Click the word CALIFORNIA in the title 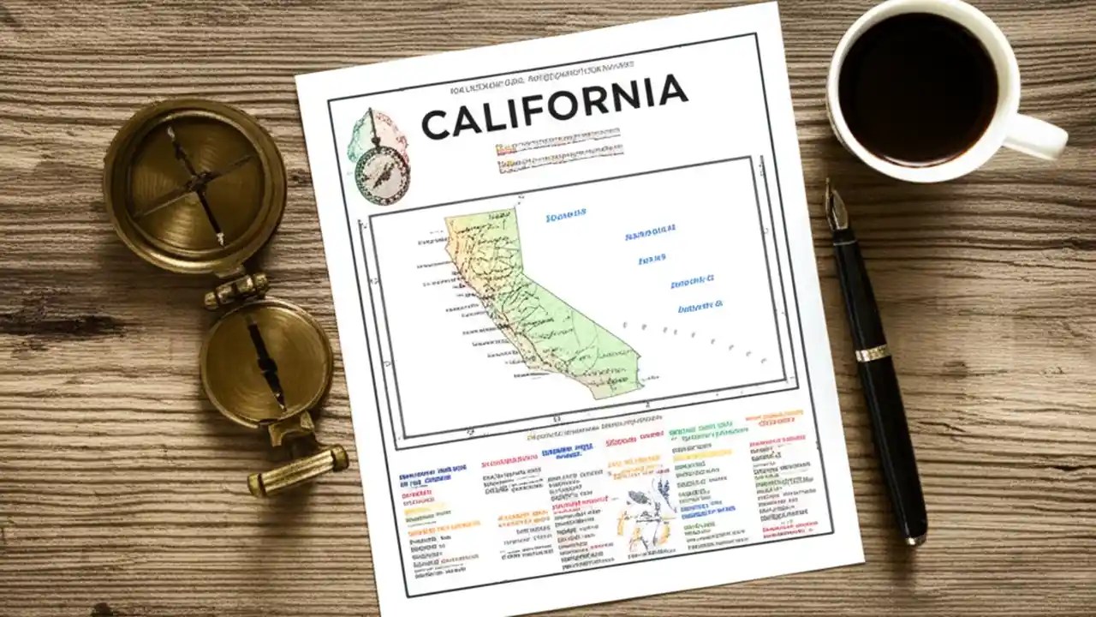(x=554, y=107)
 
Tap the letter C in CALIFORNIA (x=437, y=125)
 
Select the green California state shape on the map (x=531, y=300)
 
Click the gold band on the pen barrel (x=872, y=352)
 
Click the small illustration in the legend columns (x=644, y=510)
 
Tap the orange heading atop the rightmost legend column (x=774, y=417)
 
